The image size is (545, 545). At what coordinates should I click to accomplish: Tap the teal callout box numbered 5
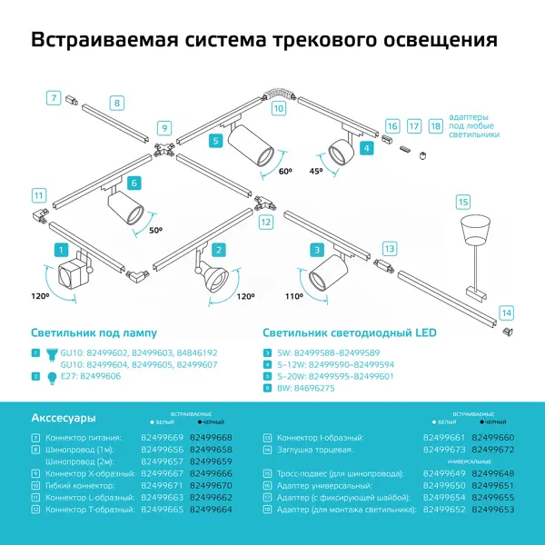click(x=215, y=141)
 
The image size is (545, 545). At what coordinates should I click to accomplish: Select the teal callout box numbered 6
click(x=134, y=183)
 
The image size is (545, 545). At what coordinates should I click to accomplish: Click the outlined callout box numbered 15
click(x=462, y=201)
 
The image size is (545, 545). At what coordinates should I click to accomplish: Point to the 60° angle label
click(x=285, y=171)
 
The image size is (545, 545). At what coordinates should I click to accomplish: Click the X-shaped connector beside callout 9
click(x=163, y=150)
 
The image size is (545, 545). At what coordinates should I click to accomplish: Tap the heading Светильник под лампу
click(x=94, y=333)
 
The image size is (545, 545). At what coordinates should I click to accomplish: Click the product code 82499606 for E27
click(x=102, y=376)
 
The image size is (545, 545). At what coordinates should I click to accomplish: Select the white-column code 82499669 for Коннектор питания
click(x=163, y=438)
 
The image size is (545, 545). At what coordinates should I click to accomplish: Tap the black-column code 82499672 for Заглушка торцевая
click(x=493, y=450)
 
